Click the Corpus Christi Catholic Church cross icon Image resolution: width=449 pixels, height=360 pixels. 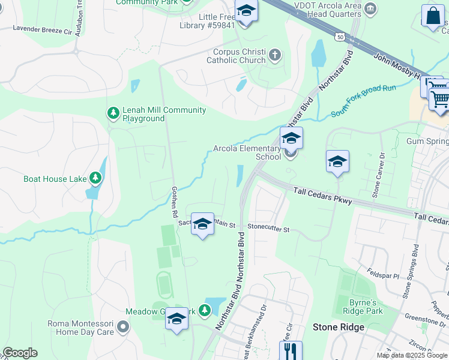coord(275,55)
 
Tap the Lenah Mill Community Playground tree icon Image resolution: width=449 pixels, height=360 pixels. coord(113,112)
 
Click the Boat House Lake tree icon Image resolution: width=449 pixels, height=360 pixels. coord(95,178)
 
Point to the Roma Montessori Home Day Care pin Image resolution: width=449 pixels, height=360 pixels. coord(123,327)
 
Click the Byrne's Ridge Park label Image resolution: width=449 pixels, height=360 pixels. coord(363,307)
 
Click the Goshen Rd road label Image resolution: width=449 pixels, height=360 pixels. coord(175,205)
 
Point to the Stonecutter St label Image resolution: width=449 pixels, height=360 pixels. coord(269,229)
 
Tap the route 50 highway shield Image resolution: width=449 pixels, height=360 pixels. coord(340,37)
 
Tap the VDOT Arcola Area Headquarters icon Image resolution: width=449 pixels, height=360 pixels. coord(371,8)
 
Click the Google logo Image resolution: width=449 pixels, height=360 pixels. coord(20,353)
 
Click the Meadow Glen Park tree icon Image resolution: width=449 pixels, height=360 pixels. coord(205,310)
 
